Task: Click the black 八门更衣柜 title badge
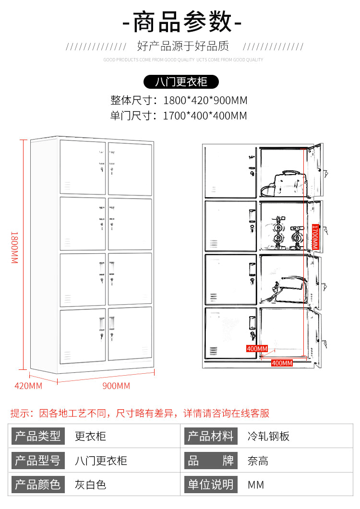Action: [181, 82]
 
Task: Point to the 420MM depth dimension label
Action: [28, 386]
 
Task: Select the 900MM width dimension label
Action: [116, 386]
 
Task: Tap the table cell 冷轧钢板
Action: [269, 437]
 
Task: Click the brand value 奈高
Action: [258, 461]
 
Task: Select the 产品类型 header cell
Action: [38, 437]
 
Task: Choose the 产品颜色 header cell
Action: [38, 485]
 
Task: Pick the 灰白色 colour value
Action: [90, 485]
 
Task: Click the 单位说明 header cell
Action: [211, 485]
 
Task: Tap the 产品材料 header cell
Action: [211, 437]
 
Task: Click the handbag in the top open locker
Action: [283, 184]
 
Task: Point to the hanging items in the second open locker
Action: [287, 233]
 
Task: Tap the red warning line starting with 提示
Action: [140, 413]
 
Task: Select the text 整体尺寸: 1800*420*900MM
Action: [179, 101]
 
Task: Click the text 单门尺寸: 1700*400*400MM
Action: [179, 116]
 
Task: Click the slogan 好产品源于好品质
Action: [183, 47]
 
